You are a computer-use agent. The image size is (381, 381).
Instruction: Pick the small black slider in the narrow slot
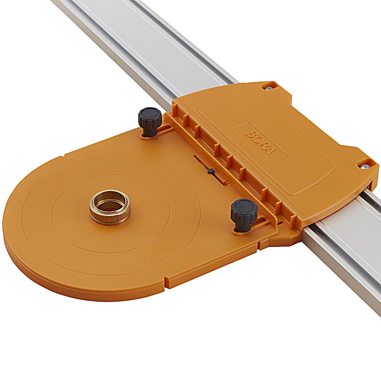click(x=210, y=172)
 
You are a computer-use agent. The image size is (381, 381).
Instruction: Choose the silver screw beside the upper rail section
click(x=269, y=88)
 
